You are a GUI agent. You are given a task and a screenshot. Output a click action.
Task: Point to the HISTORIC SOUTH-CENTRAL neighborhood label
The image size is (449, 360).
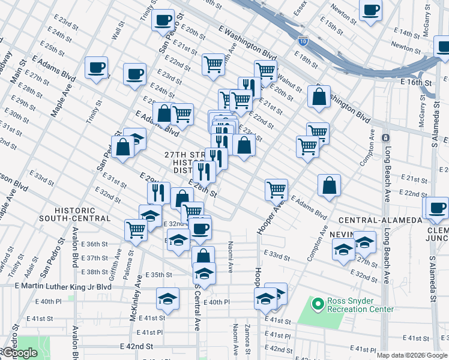pos(83,214)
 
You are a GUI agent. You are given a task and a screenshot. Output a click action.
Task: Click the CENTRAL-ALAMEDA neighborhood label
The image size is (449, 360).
pos(379,220)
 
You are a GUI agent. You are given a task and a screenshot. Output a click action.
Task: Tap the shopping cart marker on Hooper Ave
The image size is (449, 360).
pos(276,190)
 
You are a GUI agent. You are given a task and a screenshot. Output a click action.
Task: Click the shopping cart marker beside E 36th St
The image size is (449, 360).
pos(136,229)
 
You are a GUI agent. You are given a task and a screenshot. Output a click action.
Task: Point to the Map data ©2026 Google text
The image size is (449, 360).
pos(411,355)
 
